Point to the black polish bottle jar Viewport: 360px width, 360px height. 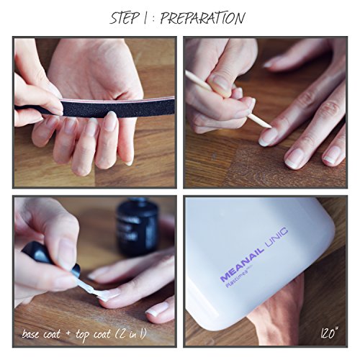(x=138, y=228)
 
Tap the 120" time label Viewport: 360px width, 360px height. (x=329, y=333)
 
